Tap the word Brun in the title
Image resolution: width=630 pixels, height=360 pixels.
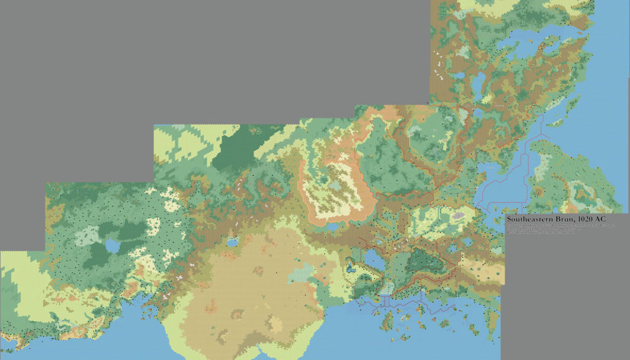[x=560, y=219]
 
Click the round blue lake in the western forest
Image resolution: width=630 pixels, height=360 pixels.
[x=113, y=246]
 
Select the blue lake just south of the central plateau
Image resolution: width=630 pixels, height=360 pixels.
[x=332, y=227]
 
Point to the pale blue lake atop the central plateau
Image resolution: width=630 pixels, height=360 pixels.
[x=335, y=185]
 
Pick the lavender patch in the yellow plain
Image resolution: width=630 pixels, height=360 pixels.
[x=458, y=215]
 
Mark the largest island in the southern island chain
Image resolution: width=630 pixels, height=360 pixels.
[x=388, y=319]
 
